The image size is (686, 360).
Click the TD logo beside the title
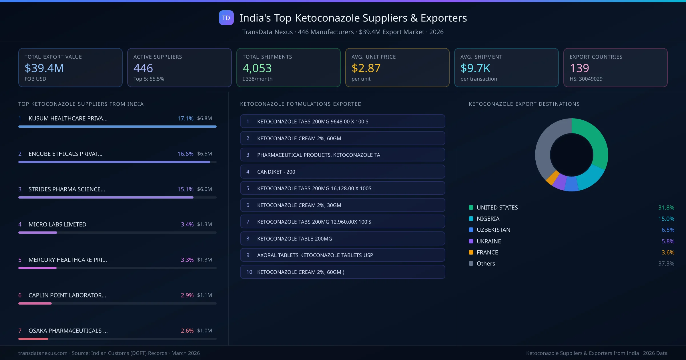pyautogui.click(x=226, y=18)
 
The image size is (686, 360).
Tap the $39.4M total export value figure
pyautogui.click(x=44, y=68)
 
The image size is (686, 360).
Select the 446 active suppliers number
pyautogui.click(x=143, y=68)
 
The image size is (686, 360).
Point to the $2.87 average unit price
pyautogui.click(x=366, y=68)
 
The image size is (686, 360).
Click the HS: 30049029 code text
pyautogui.click(x=586, y=79)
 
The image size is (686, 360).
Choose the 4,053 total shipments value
pyautogui.click(x=257, y=68)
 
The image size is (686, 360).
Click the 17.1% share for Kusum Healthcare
pyautogui.click(x=185, y=118)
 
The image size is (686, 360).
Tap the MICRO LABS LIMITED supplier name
pyautogui.click(x=57, y=224)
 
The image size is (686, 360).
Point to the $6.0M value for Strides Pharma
pyautogui.click(x=204, y=189)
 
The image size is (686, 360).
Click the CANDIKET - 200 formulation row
pyautogui.click(x=342, y=172)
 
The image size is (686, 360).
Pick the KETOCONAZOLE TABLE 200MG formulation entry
pyautogui.click(x=342, y=239)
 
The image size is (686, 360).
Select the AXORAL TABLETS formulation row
pyautogui.click(x=342, y=255)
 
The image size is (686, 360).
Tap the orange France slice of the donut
pyautogui.click(x=552, y=178)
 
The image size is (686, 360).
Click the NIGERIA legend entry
pyautogui.click(x=488, y=219)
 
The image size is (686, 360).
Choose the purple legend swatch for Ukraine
pyautogui.click(x=471, y=241)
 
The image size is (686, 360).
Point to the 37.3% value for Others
pyautogui.click(x=666, y=263)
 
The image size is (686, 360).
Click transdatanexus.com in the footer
pyautogui.click(x=43, y=353)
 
